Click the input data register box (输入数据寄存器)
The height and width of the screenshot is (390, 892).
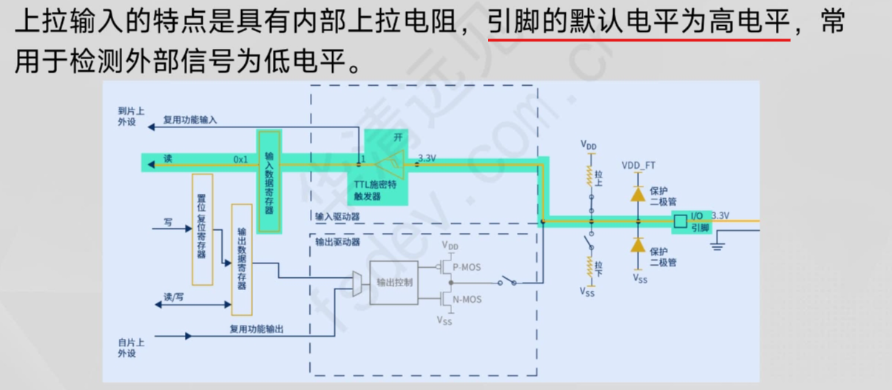(x=269, y=173)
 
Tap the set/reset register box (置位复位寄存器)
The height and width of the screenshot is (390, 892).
(x=201, y=229)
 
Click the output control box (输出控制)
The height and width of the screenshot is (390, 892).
(x=393, y=282)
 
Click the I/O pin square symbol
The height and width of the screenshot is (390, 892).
(x=680, y=221)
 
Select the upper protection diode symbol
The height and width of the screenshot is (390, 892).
(x=638, y=194)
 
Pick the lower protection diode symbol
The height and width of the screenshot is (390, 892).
(x=638, y=244)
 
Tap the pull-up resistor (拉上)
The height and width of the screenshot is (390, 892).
(x=590, y=175)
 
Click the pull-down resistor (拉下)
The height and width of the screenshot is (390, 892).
(x=590, y=265)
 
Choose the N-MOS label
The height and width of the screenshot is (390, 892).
(x=467, y=299)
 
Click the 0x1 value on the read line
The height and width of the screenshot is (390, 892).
(x=240, y=159)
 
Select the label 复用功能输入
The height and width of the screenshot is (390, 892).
(x=190, y=120)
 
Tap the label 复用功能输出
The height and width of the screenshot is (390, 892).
(x=256, y=329)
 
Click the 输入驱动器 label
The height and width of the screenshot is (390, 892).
(x=337, y=217)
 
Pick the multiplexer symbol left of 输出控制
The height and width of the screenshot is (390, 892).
(x=359, y=281)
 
